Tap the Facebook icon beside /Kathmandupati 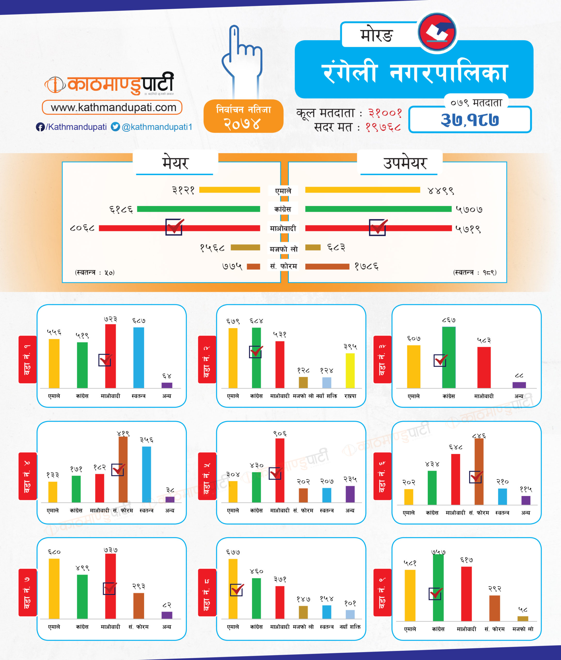40,127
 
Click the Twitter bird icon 115,127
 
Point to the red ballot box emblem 437,32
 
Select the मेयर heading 175,163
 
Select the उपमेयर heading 405,163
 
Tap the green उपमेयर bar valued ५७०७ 378,209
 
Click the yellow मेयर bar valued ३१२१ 229,190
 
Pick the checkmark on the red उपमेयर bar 377,227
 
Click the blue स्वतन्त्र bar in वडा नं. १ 139,357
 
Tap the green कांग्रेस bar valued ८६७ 449,357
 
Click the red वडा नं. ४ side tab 27,476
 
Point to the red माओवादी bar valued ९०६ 280,470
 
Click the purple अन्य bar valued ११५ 526,500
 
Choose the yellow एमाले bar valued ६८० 54,589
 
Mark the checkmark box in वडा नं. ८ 237,590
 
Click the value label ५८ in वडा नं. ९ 523,609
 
